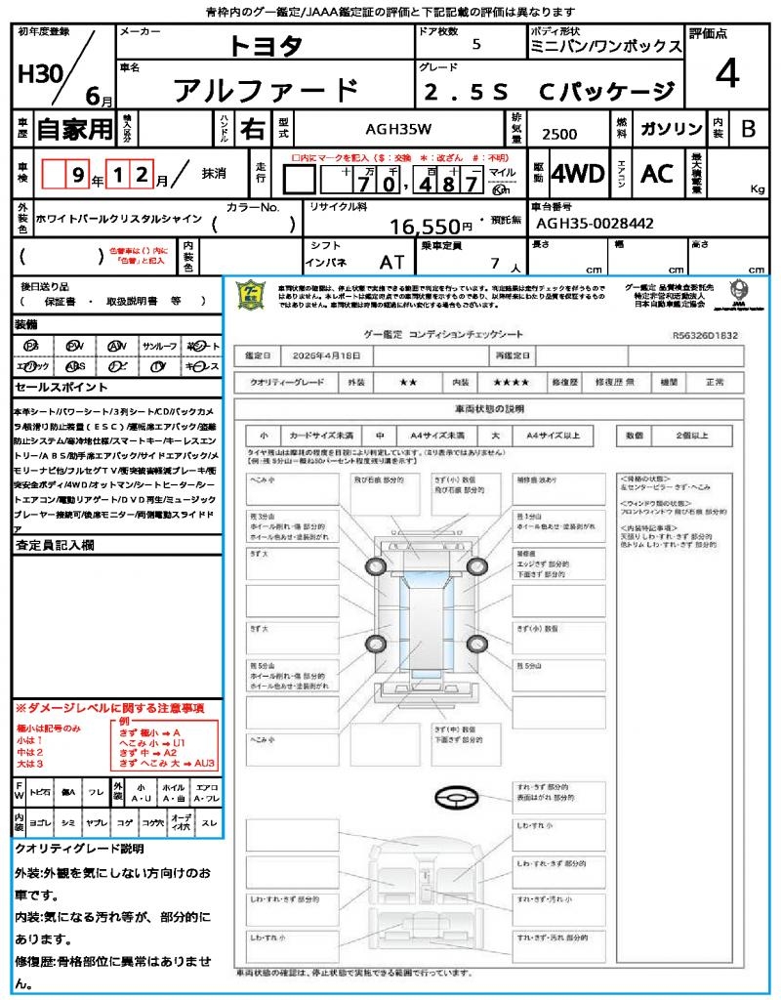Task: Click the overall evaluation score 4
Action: [725, 74]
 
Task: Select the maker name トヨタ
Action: [266, 45]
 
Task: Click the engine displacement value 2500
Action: [559, 135]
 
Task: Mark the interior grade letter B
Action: [748, 129]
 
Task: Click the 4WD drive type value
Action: [578, 174]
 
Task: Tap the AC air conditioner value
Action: [657, 174]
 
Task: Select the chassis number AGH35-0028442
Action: [595, 224]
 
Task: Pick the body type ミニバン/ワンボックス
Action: [605, 46]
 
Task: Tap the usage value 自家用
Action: [74, 129]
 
